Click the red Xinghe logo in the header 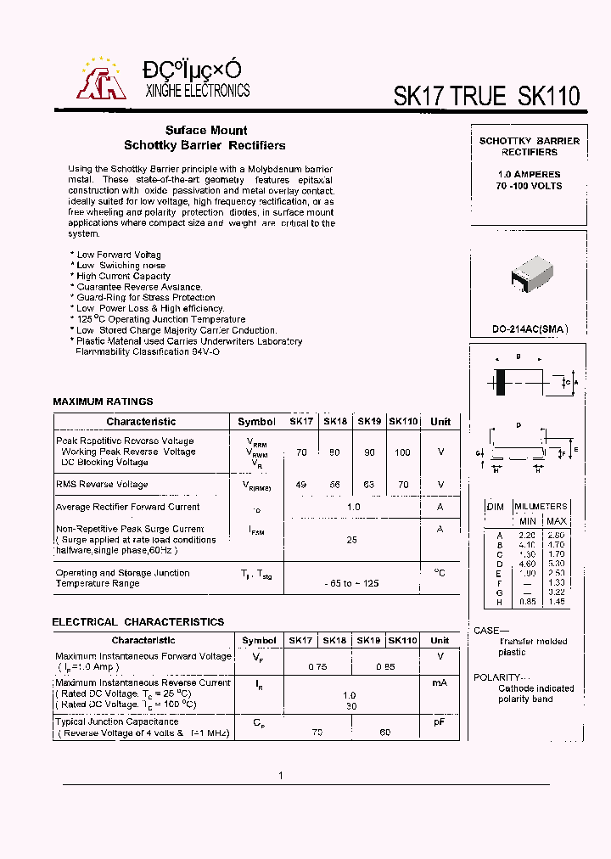tap(101, 79)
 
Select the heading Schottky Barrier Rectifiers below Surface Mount tap(205, 145)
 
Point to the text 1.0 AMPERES tap(529, 174)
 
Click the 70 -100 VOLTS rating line tap(529, 186)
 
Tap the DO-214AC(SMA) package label tap(530, 329)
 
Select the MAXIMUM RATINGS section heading tap(103, 401)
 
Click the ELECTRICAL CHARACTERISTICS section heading tap(138, 622)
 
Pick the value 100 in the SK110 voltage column tap(402, 452)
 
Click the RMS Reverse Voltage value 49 tap(301, 485)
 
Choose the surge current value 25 tap(350, 540)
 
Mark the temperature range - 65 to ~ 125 tap(351, 584)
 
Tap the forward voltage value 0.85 tap(385, 667)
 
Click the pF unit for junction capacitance tap(440, 721)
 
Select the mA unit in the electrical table tap(440, 682)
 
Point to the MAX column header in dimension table tap(556, 520)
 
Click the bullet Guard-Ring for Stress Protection tap(145, 297)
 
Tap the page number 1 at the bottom tap(281, 775)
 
